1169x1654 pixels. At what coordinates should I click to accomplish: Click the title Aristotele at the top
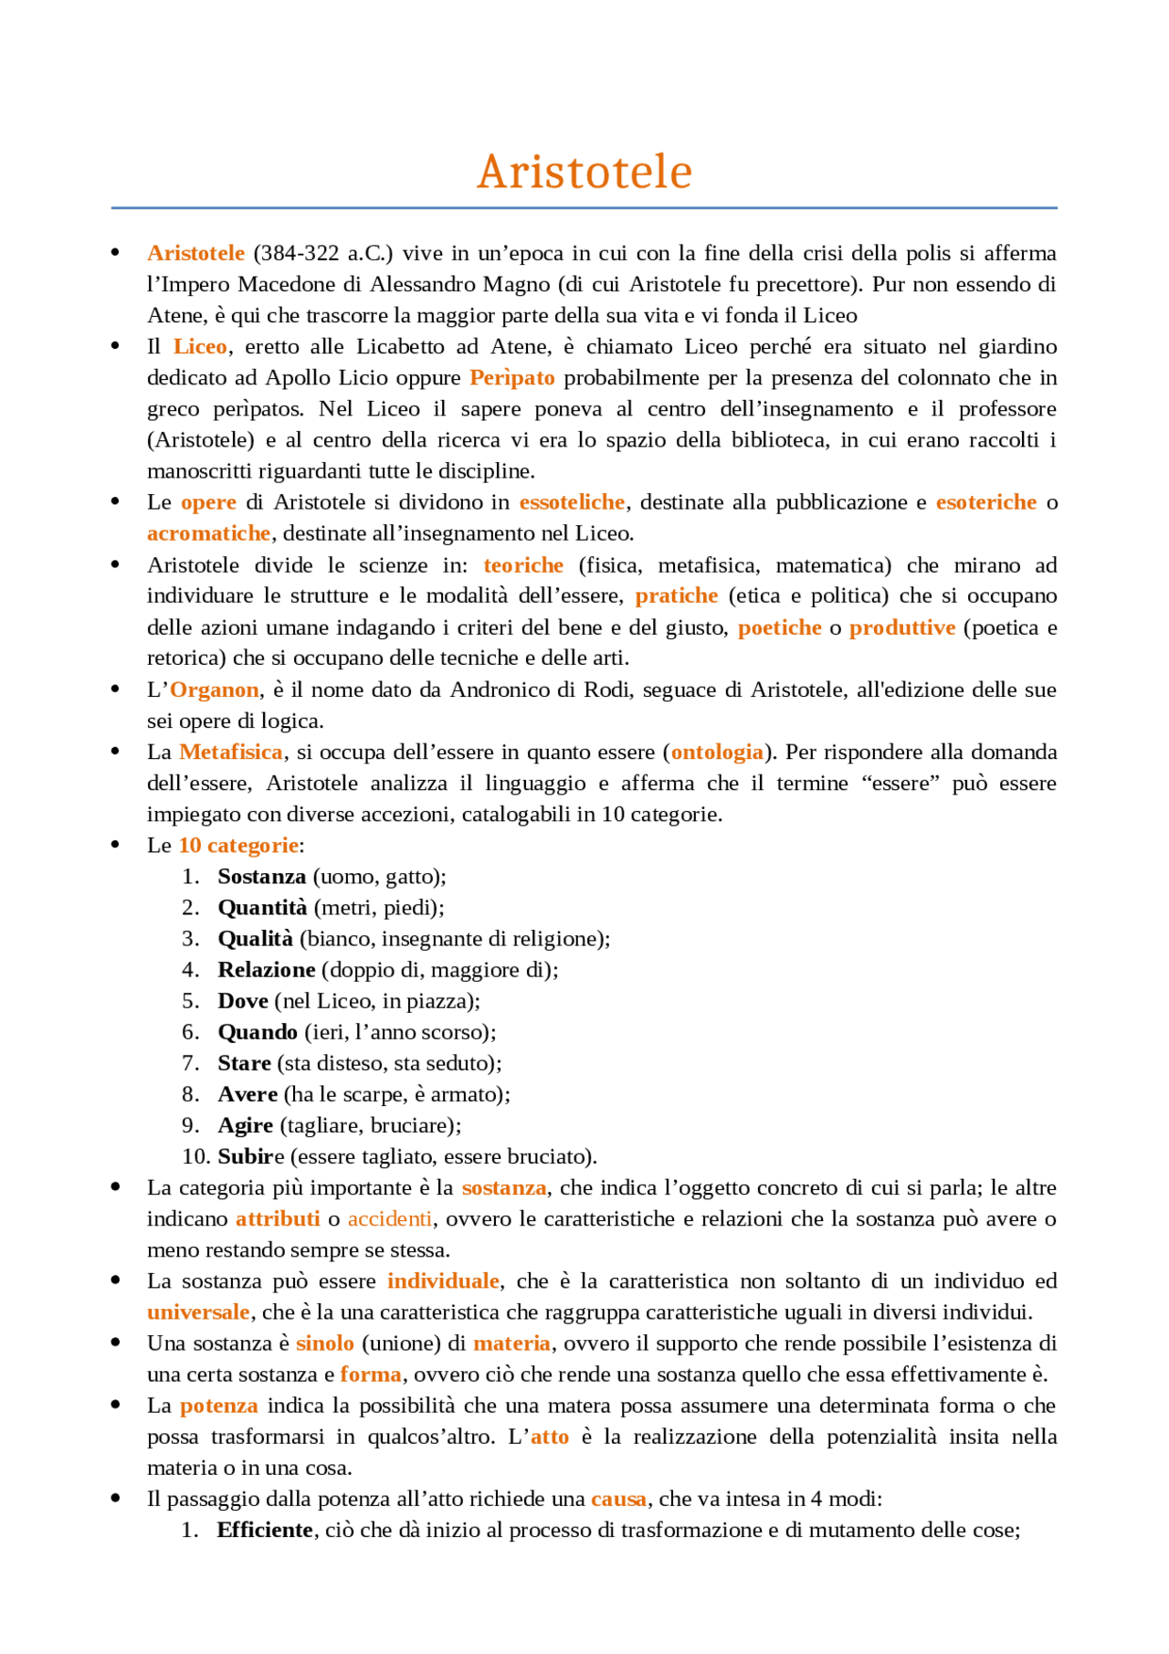(584, 172)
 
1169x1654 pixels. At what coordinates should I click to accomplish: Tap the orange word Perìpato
(511, 378)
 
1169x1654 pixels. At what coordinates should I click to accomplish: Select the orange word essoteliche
(572, 502)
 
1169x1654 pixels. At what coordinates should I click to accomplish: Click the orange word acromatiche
(208, 533)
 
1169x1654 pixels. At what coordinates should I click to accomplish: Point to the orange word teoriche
(523, 565)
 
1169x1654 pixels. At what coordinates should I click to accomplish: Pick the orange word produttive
(901, 627)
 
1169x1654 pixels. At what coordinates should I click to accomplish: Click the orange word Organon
(214, 690)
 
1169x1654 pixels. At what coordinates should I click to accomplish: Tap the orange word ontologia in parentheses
(717, 753)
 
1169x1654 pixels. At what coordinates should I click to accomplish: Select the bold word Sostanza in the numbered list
(261, 877)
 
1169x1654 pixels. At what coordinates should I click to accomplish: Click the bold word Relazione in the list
(266, 970)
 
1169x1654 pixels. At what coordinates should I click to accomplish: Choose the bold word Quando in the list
(257, 1032)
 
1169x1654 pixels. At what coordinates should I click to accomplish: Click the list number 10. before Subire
(195, 1157)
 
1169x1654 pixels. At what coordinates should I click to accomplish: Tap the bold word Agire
(245, 1126)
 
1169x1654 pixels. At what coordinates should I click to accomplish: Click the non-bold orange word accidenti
(390, 1219)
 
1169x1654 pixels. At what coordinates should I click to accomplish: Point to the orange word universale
(198, 1312)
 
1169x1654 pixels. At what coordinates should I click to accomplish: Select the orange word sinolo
(324, 1343)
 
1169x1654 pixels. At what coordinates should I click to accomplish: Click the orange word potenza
(218, 1406)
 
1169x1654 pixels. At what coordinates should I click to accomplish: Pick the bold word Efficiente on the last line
(264, 1530)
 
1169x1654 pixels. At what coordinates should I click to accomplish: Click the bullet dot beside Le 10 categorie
(115, 845)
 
